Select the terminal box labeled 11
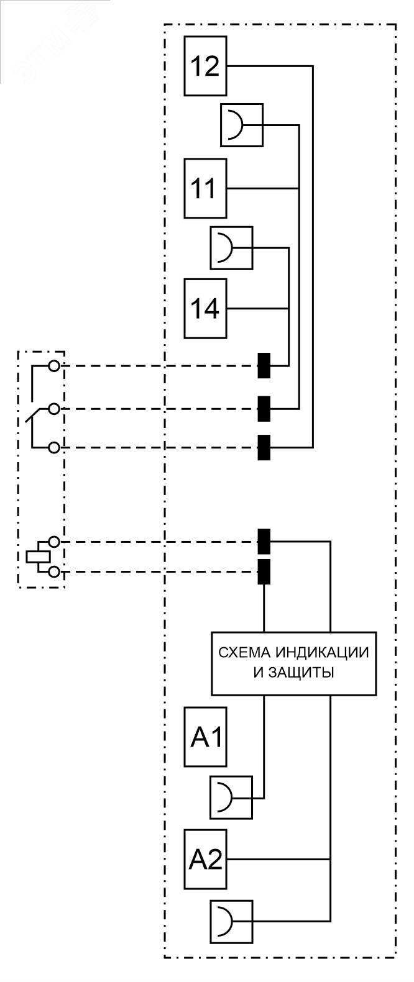pyautogui.click(x=206, y=188)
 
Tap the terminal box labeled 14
pyautogui.click(x=206, y=308)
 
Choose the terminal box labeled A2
pyautogui.click(x=206, y=858)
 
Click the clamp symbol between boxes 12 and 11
pyautogui.click(x=242, y=125)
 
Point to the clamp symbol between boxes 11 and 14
pyautogui.click(x=232, y=248)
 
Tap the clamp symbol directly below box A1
pyautogui.click(x=232, y=797)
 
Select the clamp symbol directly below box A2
pyautogui.click(x=232, y=919)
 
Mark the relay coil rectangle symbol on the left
pyautogui.click(x=37, y=556)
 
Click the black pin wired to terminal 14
pyautogui.click(x=264, y=366)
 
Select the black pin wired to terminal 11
pyautogui.click(x=264, y=409)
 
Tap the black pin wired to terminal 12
pyautogui.click(x=264, y=447)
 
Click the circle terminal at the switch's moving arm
pyautogui.click(x=54, y=409)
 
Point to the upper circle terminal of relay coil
pyautogui.click(x=54, y=542)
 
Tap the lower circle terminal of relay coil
pyautogui.click(x=54, y=571)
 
